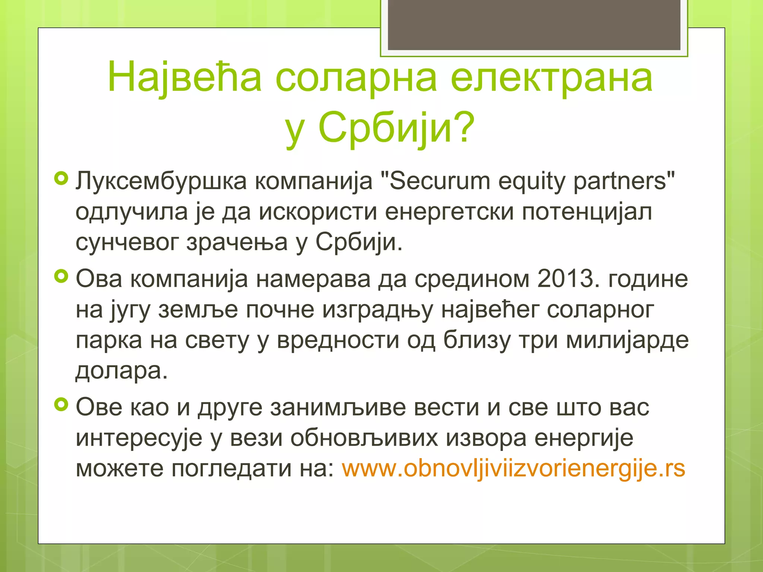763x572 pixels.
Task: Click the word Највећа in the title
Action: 184,78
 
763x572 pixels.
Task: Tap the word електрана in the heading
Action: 551,78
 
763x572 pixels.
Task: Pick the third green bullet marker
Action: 61,404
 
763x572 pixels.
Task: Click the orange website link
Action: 513,468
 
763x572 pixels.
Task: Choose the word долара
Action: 121,371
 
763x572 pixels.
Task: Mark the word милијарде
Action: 627,340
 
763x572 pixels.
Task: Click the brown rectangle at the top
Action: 534,25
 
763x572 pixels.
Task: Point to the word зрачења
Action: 237,243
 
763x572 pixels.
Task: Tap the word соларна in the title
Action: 356,78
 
